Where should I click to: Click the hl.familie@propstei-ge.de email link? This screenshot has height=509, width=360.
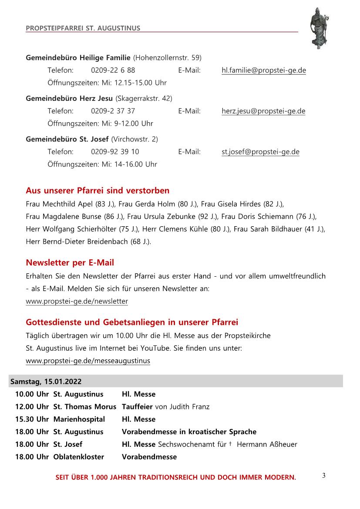click(x=263, y=70)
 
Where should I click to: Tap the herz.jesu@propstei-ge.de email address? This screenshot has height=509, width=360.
click(x=263, y=111)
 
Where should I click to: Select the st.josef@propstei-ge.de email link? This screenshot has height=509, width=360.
click(x=260, y=152)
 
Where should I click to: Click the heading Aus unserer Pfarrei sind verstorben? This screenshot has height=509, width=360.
click(x=98, y=191)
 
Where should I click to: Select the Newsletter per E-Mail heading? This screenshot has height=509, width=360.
click(x=70, y=262)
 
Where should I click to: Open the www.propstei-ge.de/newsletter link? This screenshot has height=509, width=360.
click(x=77, y=301)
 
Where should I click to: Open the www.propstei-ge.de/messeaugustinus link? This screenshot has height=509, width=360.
click(x=88, y=361)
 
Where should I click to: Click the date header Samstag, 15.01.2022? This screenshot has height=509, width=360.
click(x=45, y=382)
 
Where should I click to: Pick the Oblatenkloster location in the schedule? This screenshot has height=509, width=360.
click(x=79, y=457)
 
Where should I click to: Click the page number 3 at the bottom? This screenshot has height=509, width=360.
click(x=323, y=475)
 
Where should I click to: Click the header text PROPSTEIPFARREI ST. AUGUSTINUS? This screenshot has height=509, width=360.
click(x=83, y=28)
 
